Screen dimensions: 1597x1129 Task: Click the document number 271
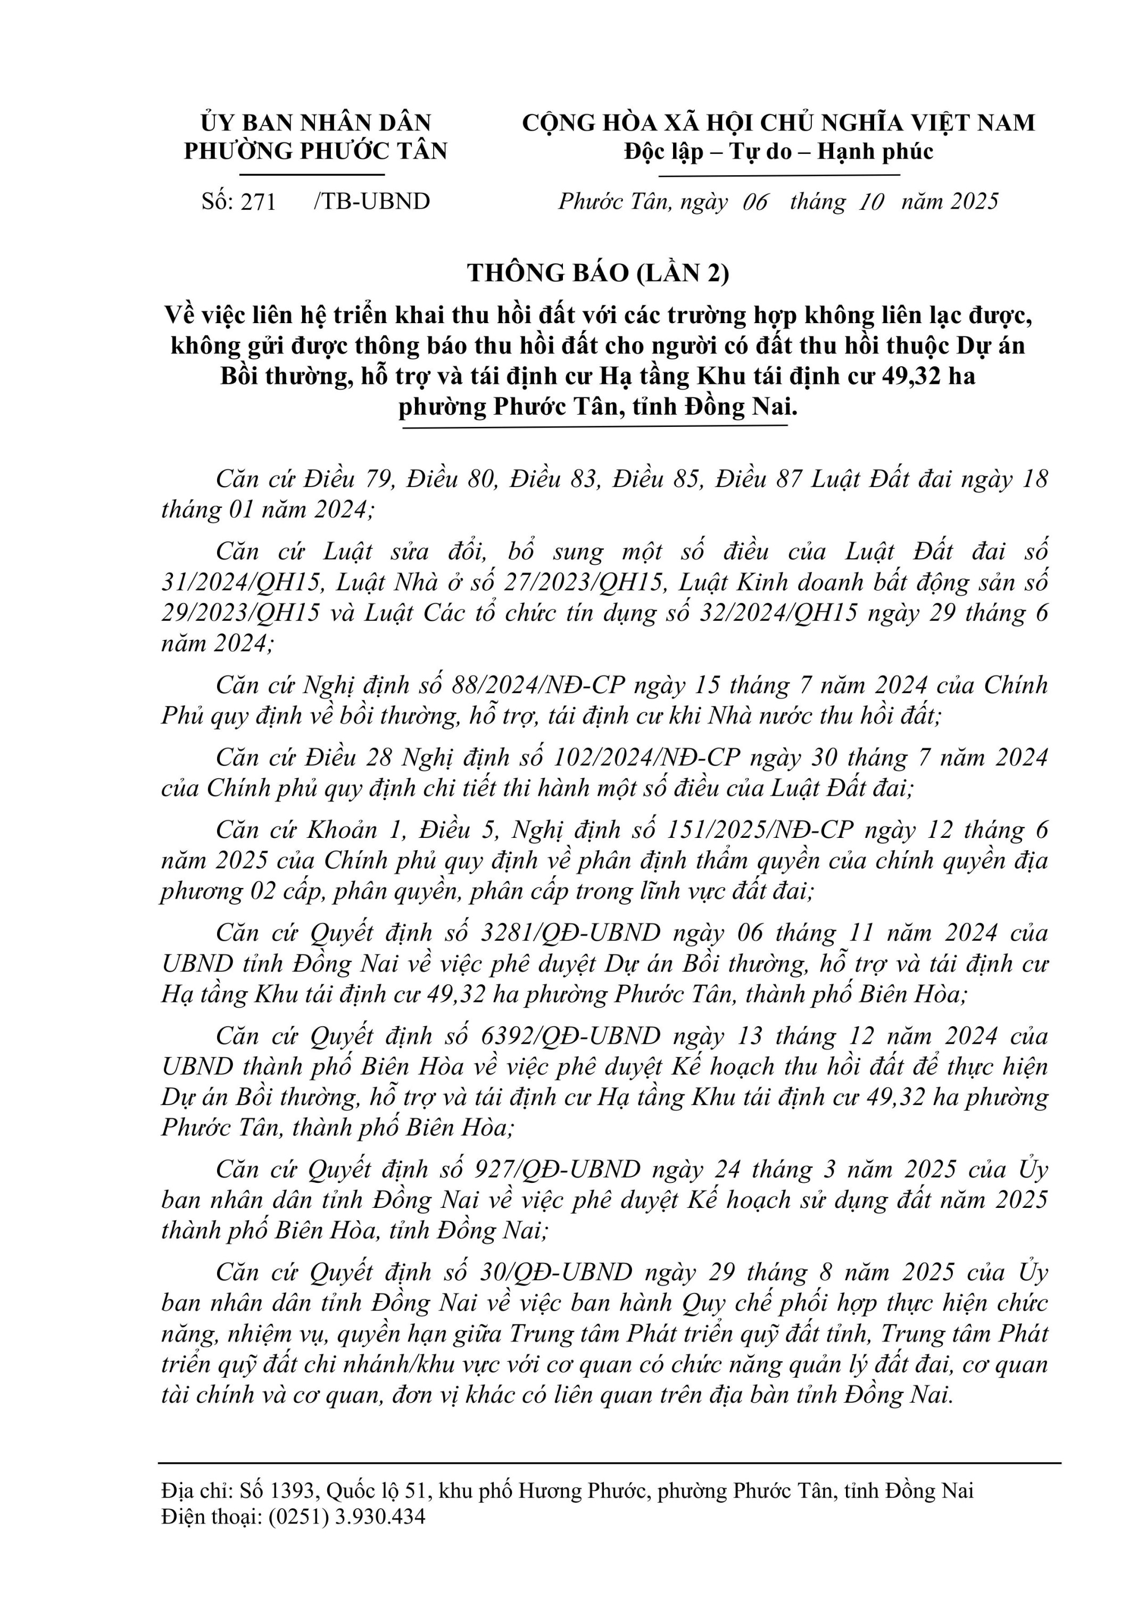(259, 202)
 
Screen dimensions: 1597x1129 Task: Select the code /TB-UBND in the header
(372, 202)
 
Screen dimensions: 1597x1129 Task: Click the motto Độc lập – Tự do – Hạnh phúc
(778, 152)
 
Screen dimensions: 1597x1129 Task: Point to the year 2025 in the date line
(975, 202)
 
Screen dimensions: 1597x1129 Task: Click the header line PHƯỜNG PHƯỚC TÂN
(316, 152)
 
